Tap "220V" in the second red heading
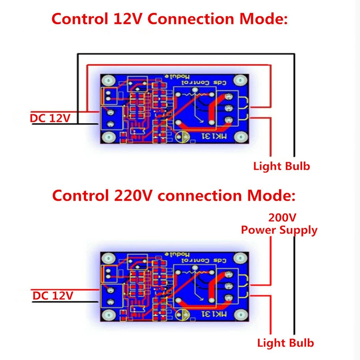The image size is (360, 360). [x=130, y=196]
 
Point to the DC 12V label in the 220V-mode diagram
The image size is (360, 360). [x=53, y=296]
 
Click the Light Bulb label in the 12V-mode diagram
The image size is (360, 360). [x=282, y=166]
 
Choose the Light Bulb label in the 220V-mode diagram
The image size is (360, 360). [x=285, y=343]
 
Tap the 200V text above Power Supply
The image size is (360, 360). [x=282, y=218]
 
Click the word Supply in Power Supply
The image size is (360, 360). [x=297, y=230]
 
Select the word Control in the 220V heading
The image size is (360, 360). [x=78, y=196]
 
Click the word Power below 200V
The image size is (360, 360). [x=258, y=230]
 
